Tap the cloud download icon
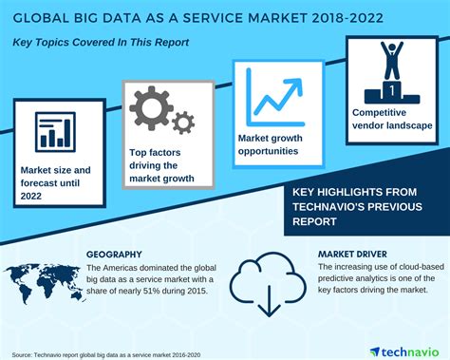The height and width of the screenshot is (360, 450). (x=265, y=276)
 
